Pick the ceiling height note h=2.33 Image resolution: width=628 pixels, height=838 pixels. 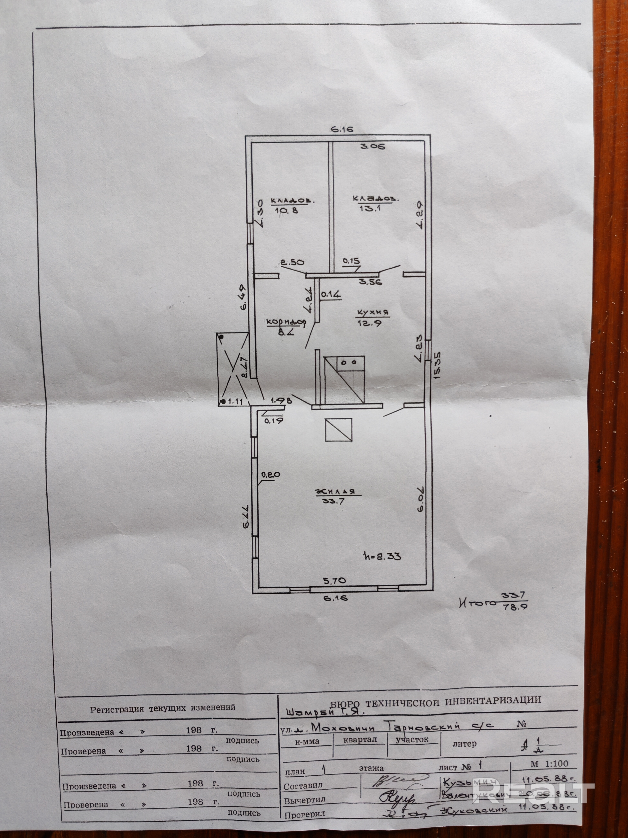click(x=381, y=556)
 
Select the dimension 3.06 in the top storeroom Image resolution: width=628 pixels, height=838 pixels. click(x=373, y=146)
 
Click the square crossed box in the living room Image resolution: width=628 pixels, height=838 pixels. click(x=338, y=430)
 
